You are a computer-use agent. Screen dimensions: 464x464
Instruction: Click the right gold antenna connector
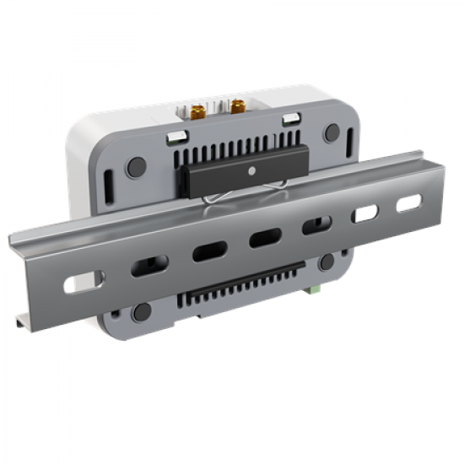coord(237,106)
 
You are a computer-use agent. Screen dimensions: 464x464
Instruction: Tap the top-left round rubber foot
coord(136,166)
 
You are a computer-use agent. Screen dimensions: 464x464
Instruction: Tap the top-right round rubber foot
coord(332,133)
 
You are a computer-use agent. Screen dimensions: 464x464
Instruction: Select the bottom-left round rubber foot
coord(142,311)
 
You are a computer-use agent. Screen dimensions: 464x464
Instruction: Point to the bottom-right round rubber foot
coord(326,262)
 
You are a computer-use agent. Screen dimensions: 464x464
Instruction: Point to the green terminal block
coord(313,289)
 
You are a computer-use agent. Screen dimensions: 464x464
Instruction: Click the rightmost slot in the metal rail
coord(408,203)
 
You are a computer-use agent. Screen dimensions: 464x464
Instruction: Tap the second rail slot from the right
coord(365,213)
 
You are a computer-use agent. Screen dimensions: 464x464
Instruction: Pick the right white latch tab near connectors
coord(292,117)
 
